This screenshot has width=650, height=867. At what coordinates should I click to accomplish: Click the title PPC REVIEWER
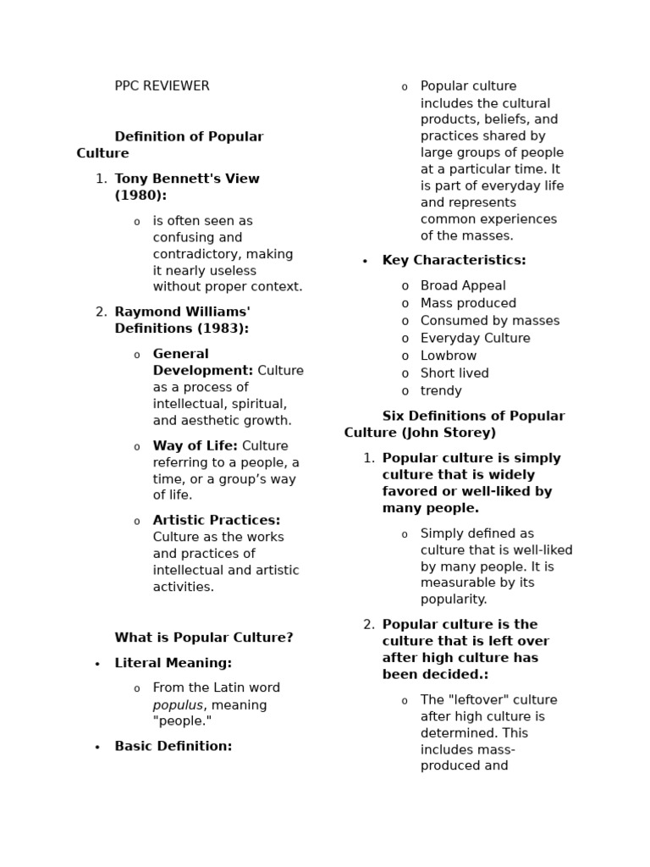[162, 86]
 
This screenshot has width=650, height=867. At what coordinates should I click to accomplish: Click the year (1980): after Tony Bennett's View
[140, 196]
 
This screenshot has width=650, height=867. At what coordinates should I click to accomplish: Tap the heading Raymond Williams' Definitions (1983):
[182, 320]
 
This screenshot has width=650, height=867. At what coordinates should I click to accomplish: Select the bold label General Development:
[202, 362]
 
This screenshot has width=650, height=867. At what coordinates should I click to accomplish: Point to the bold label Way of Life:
[195, 446]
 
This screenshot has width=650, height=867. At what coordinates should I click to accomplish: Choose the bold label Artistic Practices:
[216, 521]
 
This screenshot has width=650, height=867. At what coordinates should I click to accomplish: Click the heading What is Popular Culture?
[204, 638]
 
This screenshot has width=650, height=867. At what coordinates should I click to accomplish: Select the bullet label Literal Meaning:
[173, 663]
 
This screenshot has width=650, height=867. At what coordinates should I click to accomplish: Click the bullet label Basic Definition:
[173, 746]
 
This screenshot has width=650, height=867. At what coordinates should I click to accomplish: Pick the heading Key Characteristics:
[454, 261]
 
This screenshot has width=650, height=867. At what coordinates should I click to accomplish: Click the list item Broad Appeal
[463, 286]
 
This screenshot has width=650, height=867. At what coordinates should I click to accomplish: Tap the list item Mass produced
[468, 303]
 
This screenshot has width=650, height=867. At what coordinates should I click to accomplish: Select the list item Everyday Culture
[475, 339]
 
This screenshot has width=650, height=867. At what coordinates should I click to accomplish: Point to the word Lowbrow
[449, 356]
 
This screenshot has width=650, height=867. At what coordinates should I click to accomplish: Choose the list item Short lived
[454, 373]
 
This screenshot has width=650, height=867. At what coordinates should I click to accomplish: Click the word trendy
[441, 391]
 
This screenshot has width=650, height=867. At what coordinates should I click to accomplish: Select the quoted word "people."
[182, 721]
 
